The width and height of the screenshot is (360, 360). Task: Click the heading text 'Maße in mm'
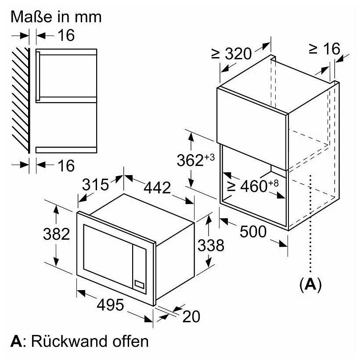(x=56, y=17)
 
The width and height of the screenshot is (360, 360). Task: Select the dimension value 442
(x=157, y=187)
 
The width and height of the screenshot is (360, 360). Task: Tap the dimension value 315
(x=96, y=184)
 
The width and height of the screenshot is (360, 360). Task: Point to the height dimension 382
(x=57, y=234)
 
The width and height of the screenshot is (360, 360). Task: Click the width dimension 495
(x=111, y=305)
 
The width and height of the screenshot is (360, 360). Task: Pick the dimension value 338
(x=211, y=245)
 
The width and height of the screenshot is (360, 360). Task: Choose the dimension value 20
(x=191, y=317)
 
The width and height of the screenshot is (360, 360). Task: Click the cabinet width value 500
(x=253, y=231)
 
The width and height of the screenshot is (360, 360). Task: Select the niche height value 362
(x=190, y=160)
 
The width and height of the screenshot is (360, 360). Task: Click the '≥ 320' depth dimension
(x=231, y=54)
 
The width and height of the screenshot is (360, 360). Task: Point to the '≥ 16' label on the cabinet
(x=324, y=49)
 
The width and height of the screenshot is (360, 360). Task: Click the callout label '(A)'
(x=310, y=285)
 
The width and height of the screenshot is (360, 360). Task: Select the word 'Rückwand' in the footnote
(x=68, y=341)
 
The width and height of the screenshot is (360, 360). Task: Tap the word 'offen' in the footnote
(x=130, y=341)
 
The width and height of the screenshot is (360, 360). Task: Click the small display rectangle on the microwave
(x=139, y=284)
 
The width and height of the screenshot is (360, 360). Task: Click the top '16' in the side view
(x=66, y=36)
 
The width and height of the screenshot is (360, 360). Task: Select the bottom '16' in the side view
(x=66, y=166)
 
